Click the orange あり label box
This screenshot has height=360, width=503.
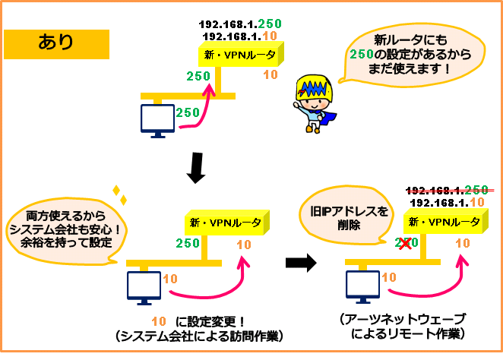tap(56, 44)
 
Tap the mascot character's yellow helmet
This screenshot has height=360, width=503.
tap(314, 88)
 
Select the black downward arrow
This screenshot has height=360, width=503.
tap(196, 168)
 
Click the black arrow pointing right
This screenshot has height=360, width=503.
tap(301, 263)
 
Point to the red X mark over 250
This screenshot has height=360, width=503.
tap(405, 243)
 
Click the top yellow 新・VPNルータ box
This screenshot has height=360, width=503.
tap(241, 54)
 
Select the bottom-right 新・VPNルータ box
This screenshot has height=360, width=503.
tap(445, 221)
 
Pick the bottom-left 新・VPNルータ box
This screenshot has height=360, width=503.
tap(226, 223)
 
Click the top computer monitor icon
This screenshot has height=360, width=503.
tap(157, 121)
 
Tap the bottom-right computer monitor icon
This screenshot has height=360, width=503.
tap(362, 286)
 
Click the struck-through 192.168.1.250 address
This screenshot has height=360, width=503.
tap(448, 190)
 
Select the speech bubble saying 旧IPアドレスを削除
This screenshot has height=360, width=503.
tap(345, 216)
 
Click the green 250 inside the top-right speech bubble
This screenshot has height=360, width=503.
tap(362, 54)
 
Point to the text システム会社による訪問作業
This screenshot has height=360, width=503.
tap(199, 336)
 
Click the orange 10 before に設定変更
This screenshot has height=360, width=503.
tap(159, 321)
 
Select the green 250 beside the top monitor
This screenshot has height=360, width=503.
tap(188, 112)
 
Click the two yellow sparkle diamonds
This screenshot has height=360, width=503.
tap(119, 195)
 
